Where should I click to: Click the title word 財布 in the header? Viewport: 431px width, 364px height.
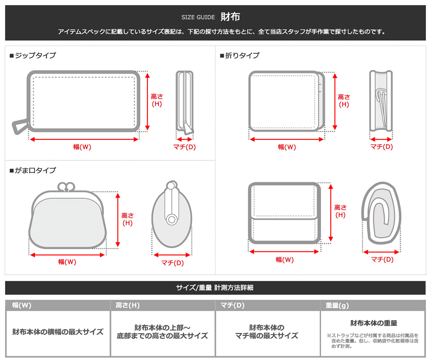[230, 17]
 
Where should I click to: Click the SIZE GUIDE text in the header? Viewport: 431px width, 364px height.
[198, 17]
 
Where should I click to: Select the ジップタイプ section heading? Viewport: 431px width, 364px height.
[33, 55]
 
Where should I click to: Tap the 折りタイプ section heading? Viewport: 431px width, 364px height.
[240, 55]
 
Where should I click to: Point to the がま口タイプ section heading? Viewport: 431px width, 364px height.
[33, 170]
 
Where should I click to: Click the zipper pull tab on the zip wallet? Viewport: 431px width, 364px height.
[20, 126]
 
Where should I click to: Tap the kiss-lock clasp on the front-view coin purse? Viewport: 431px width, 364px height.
[66, 186]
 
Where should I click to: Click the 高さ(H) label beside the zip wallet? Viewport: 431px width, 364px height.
[157, 100]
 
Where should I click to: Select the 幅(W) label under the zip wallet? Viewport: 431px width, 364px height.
[82, 147]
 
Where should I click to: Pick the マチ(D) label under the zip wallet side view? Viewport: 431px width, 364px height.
[184, 147]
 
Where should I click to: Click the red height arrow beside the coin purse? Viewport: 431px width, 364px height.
[118, 220]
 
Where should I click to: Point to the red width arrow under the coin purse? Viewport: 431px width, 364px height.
[67, 255]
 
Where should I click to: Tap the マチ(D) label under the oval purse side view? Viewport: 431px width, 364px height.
[172, 263]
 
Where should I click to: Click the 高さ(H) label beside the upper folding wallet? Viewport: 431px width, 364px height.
[344, 101]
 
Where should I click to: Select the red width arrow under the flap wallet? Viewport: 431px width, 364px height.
[284, 252]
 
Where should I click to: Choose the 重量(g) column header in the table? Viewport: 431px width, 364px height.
[337, 306]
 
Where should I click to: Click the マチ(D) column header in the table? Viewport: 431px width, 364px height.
[232, 306]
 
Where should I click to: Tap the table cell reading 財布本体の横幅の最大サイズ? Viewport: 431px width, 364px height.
[58, 332]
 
